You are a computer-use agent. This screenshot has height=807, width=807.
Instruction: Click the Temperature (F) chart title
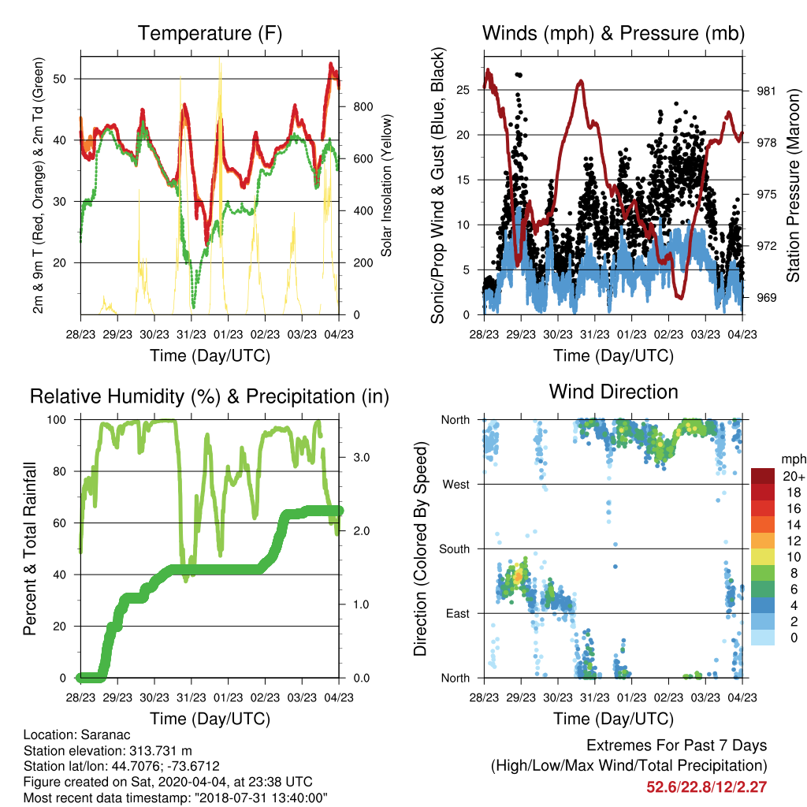click(210, 33)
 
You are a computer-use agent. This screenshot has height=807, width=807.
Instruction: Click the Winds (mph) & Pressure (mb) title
click(613, 33)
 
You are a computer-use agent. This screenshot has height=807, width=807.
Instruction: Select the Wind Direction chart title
click(613, 392)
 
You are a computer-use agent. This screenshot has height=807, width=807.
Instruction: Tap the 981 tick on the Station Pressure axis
click(766, 91)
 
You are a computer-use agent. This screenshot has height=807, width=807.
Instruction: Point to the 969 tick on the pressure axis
click(766, 297)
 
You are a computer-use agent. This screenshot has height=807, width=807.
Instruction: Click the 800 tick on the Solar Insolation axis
click(363, 106)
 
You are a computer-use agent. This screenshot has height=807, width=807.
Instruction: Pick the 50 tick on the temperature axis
click(60, 79)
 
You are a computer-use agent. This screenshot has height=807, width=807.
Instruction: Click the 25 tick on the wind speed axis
click(463, 90)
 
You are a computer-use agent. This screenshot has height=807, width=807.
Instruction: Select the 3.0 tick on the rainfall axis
click(361, 458)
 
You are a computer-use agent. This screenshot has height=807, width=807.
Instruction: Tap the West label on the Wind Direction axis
click(456, 485)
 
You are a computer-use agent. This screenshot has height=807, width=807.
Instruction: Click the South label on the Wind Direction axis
click(455, 549)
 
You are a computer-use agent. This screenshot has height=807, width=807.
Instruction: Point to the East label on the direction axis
click(458, 613)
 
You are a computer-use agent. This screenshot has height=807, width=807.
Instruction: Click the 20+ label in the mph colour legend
click(794, 476)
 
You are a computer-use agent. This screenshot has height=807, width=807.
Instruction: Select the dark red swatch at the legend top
click(763, 476)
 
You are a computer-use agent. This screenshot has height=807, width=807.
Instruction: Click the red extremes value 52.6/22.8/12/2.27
click(707, 787)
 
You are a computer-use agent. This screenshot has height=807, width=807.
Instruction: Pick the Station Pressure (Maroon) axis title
click(793, 185)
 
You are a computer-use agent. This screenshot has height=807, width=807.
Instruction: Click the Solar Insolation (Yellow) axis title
click(386, 185)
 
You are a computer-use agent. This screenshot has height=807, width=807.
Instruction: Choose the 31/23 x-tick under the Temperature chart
click(192, 334)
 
